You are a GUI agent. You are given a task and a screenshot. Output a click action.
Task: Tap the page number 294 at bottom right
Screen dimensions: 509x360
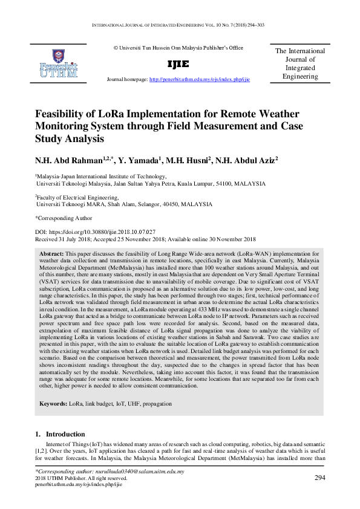click(x=321, y=478)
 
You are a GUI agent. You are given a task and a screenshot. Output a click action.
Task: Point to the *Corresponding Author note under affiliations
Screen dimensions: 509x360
click(x=64, y=218)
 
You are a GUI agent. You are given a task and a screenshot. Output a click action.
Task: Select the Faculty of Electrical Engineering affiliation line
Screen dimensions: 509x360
click(x=77, y=197)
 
